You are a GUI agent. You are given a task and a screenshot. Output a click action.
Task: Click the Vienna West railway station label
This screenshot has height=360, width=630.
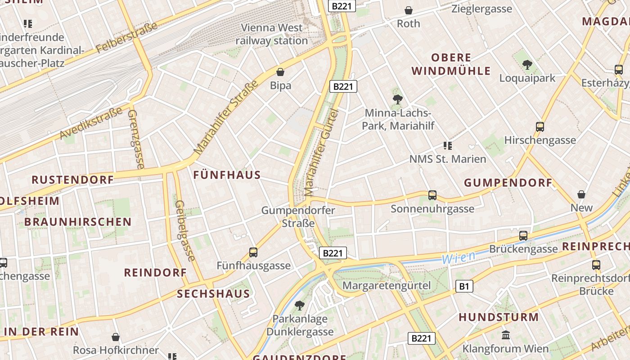272,34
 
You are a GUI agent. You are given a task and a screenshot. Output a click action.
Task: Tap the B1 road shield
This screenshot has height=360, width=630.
464,286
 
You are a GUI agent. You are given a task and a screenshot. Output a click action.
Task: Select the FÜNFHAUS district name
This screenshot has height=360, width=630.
227,175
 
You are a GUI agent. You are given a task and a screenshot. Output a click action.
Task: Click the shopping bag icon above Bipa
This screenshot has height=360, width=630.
280,72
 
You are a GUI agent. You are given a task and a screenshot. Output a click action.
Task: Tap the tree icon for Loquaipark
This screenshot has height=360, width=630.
527,65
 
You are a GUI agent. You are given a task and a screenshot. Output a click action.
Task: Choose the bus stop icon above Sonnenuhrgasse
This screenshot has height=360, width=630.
432,195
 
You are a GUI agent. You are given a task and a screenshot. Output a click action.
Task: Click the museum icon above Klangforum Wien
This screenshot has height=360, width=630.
505,335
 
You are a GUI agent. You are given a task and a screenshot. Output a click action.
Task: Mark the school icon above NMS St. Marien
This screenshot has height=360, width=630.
447,146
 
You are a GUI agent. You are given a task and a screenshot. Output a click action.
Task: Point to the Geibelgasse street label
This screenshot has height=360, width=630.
185,230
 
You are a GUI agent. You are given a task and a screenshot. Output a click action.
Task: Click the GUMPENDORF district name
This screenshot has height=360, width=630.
508,183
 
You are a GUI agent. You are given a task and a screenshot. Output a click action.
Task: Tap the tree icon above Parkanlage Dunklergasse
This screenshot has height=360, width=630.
299,306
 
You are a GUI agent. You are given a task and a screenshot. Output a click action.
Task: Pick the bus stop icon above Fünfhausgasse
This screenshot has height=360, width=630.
253,252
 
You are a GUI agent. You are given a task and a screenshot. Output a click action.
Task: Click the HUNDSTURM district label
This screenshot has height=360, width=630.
499,317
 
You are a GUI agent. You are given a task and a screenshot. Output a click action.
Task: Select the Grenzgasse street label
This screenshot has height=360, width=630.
135,139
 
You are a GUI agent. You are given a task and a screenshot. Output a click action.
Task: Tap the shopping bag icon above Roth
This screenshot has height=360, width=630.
409,10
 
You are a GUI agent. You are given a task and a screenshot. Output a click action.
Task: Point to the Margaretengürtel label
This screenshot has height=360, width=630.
387,285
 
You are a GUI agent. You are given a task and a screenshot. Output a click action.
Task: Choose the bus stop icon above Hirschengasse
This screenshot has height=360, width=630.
540,127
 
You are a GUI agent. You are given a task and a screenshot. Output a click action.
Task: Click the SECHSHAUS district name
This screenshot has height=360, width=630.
213,294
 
